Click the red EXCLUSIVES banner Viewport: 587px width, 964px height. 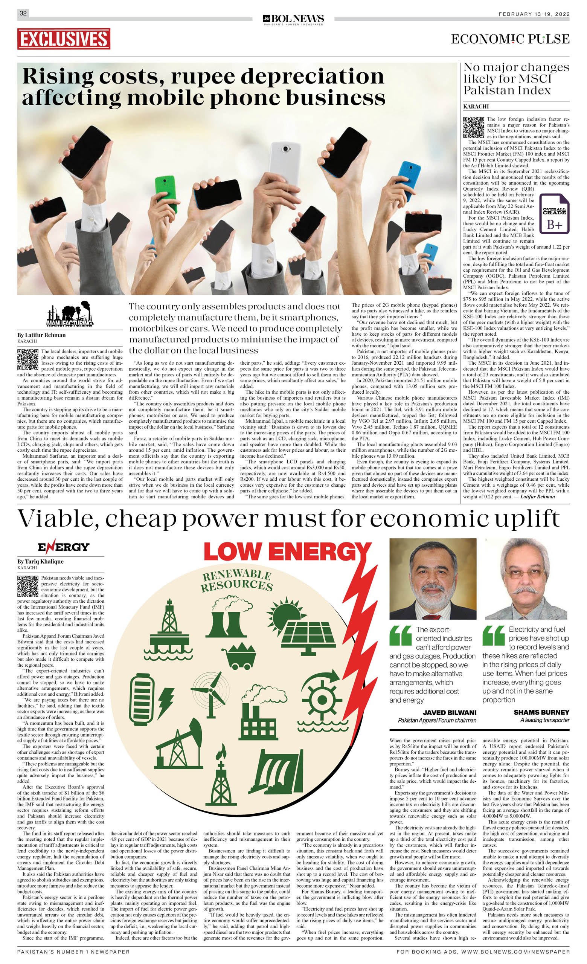tap(64, 39)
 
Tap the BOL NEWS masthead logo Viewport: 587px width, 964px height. tap(293, 18)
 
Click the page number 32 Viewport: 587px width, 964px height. tap(23, 13)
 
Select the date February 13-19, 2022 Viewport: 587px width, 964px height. tap(534, 14)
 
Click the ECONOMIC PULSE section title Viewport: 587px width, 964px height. tap(510, 39)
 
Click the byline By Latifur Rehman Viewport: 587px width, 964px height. tap(41, 335)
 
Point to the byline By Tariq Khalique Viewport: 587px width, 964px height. tap(40, 561)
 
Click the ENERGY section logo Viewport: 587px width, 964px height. tap(63, 547)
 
